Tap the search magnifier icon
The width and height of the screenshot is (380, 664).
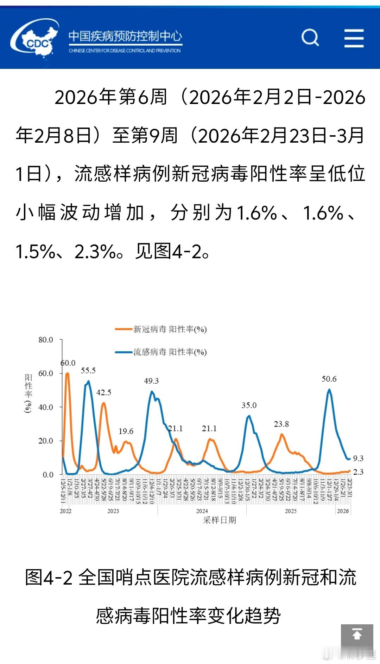click(x=310, y=37)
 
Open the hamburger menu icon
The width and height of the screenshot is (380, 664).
click(x=354, y=38)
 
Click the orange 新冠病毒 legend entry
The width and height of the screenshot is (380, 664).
click(x=161, y=329)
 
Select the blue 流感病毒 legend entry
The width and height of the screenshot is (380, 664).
click(x=161, y=352)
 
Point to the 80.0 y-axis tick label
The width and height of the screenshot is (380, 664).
click(x=46, y=340)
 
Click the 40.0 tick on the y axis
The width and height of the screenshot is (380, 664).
click(x=46, y=407)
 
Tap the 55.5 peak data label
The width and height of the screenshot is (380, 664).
click(x=88, y=370)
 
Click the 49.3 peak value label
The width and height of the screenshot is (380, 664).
click(x=151, y=381)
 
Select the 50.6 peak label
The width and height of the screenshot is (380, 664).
click(x=329, y=379)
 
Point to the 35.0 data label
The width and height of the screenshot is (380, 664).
click(x=249, y=405)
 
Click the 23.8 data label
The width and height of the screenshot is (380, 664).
click(x=281, y=424)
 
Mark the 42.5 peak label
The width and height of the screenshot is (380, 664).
click(x=104, y=392)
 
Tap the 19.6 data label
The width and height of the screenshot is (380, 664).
click(x=126, y=431)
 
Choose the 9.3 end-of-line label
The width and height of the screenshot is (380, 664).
click(x=358, y=458)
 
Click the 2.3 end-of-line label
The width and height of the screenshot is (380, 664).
click(x=358, y=472)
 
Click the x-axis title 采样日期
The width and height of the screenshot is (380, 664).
click(x=220, y=520)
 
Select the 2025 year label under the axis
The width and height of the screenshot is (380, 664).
click(x=291, y=511)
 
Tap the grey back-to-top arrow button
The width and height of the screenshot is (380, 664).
click(x=357, y=640)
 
